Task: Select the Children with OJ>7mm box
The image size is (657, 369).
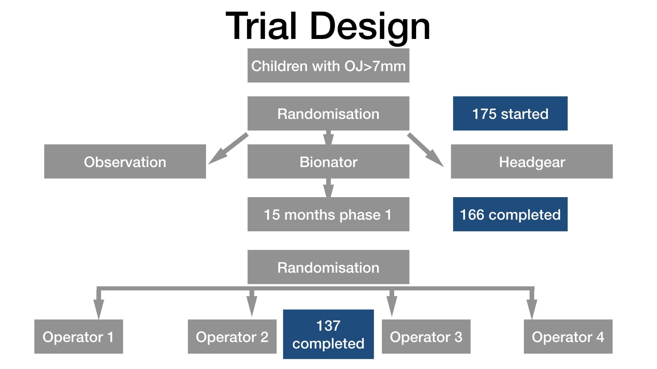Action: (x=328, y=65)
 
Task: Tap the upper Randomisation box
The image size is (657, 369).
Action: (x=328, y=113)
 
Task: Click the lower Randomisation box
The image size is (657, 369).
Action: (x=328, y=267)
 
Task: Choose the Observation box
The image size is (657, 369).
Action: (x=125, y=161)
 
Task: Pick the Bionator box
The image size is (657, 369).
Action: (x=328, y=161)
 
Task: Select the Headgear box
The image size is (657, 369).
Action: (x=532, y=161)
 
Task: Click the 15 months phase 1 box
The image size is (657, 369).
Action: (x=328, y=214)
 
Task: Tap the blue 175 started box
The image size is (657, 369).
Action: (x=510, y=113)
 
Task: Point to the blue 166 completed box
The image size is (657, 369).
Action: (x=510, y=214)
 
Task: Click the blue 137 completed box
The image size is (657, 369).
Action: (x=328, y=334)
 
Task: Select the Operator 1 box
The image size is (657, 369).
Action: (x=79, y=337)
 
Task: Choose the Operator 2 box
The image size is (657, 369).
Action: (x=232, y=337)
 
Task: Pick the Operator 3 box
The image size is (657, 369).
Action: (x=426, y=337)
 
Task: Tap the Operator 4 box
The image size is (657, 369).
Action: (x=568, y=337)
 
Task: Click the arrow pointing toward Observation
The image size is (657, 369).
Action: (x=228, y=149)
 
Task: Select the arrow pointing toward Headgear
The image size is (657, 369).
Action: (x=425, y=150)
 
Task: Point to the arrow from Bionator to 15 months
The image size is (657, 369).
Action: (x=328, y=188)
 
